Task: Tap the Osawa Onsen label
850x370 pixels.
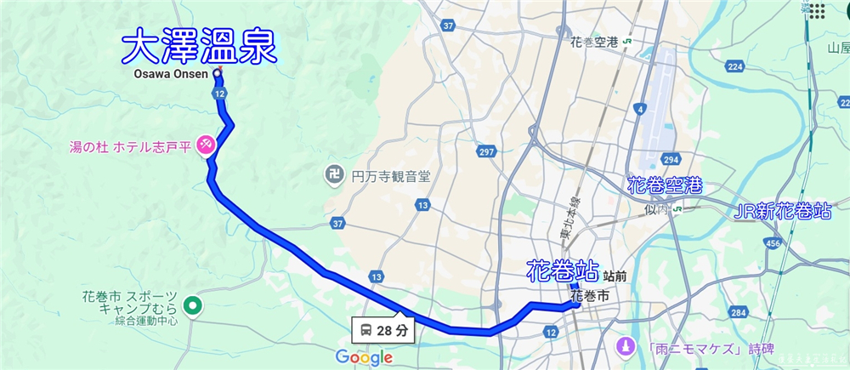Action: [x=170, y=74]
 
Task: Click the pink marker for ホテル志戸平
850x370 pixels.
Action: [x=205, y=145]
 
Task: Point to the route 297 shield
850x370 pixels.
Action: [x=486, y=151]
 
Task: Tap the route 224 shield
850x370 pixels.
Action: [x=736, y=66]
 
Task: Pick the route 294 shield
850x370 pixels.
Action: [x=671, y=159]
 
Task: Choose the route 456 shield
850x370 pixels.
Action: [x=772, y=244]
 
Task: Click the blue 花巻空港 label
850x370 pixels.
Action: [x=663, y=185]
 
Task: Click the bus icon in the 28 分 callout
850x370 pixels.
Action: [x=365, y=329]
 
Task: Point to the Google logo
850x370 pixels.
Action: [x=364, y=357]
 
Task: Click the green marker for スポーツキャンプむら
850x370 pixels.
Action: [x=193, y=304]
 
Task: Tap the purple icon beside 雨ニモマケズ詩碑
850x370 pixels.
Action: [x=625, y=347]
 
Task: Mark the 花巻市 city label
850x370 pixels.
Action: [x=590, y=296]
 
